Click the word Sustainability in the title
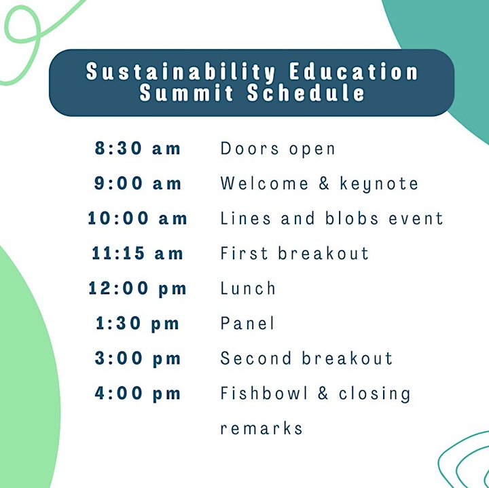181,72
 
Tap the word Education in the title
353,71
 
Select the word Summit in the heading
186,92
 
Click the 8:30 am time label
137,148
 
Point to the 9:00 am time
137,183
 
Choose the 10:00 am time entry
137,218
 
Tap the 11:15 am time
137,252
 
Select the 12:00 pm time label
137,288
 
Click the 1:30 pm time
137,324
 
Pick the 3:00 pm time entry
137,358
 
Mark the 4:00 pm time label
137,393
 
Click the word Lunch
248,288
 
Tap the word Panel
247,323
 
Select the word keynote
379,184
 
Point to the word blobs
352,217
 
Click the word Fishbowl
264,393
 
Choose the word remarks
261,428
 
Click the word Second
256,358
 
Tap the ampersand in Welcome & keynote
324,183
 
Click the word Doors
249,148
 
